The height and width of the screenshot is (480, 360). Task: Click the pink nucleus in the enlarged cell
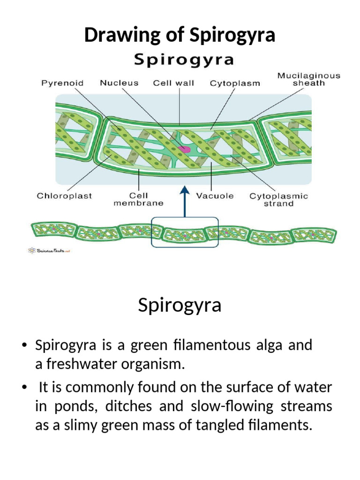click(x=184, y=149)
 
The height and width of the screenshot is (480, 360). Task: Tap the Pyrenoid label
click(x=63, y=83)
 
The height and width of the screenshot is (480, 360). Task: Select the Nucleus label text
click(x=119, y=83)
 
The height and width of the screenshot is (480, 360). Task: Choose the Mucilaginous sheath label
click(x=308, y=79)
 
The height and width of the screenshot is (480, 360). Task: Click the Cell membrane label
click(x=138, y=199)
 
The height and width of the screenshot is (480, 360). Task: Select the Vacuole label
click(x=215, y=196)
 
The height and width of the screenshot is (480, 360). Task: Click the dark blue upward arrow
click(x=185, y=202)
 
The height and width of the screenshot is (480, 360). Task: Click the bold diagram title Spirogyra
click(x=184, y=60)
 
